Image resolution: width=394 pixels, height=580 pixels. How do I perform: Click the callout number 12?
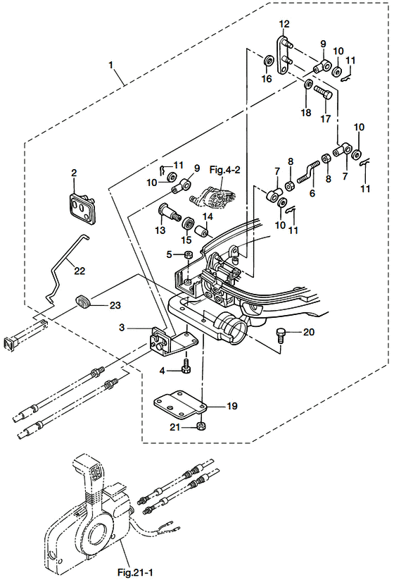pyautogui.click(x=284, y=25)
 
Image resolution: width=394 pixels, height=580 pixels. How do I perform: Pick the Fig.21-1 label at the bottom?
pyautogui.click(x=135, y=573)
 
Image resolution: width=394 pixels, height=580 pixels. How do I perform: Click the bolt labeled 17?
pyautogui.click(x=323, y=92)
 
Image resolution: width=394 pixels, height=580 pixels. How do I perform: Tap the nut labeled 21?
pyautogui.click(x=201, y=426)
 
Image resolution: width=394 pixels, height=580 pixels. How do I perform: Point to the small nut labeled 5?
pyautogui.click(x=187, y=254)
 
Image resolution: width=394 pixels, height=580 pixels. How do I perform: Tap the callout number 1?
pyautogui.click(x=110, y=65)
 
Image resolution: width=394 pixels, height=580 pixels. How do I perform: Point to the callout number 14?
pyautogui.click(x=208, y=216)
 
